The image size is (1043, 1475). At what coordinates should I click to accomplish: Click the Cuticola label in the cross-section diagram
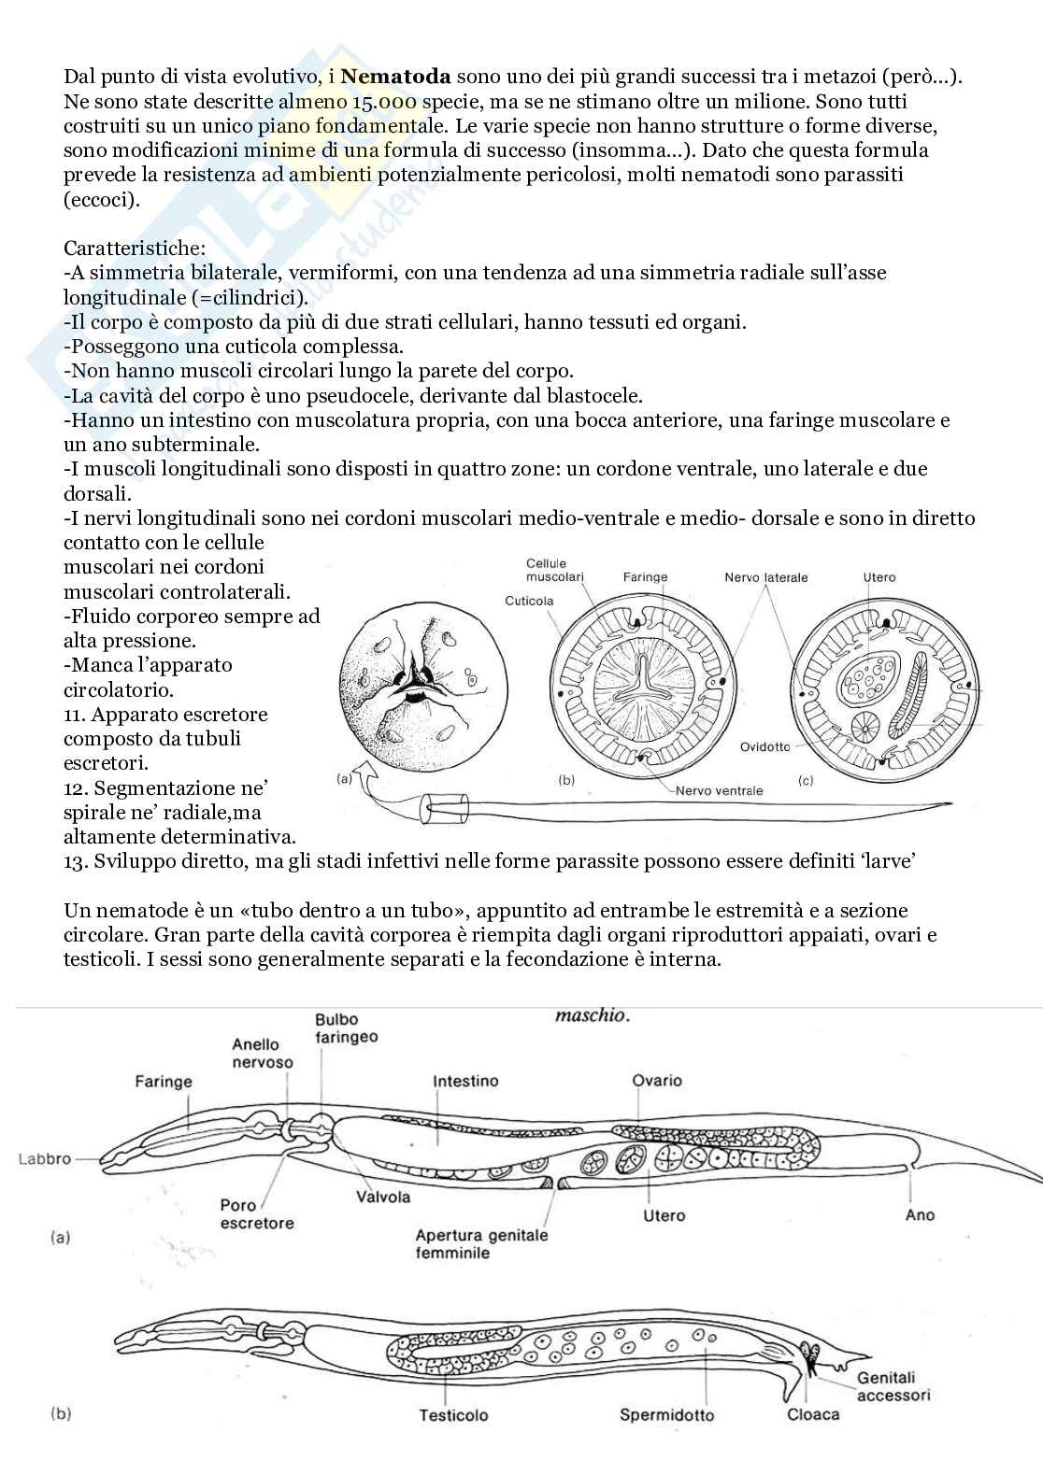[x=529, y=601]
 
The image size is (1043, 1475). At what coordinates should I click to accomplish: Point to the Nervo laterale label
[x=765, y=577]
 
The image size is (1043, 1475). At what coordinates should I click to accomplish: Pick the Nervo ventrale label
[x=719, y=790]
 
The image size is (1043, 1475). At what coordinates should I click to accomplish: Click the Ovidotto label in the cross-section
[x=764, y=747]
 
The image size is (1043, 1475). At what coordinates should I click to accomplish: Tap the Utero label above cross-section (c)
[x=879, y=577]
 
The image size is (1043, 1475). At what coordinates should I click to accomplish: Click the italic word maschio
[x=592, y=1015]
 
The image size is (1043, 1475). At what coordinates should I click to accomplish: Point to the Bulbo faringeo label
[x=346, y=1028]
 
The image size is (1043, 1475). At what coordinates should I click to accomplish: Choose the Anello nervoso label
[x=263, y=1054]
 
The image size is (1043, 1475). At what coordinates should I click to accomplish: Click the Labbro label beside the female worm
[x=45, y=1159]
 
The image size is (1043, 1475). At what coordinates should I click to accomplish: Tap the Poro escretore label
[x=257, y=1214]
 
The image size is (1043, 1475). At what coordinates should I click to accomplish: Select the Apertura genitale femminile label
[x=481, y=1244]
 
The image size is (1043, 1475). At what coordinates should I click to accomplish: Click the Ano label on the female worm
[x=920, y=1215]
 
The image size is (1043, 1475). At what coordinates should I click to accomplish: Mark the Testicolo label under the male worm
[x=453, y=1415]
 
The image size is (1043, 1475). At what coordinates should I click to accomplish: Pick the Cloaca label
[x=813, y=1414]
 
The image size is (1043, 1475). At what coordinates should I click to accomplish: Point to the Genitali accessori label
[x=893, y=1386]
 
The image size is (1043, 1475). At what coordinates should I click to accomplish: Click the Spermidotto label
[x=666, y=1415]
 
